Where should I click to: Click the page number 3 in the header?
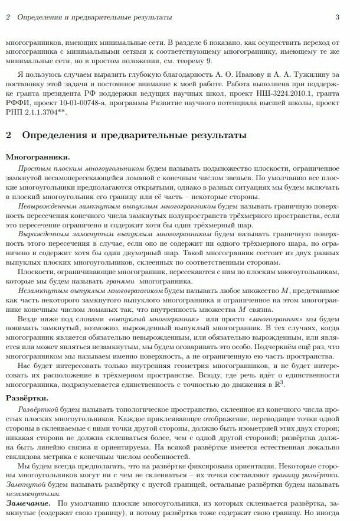point(337,17)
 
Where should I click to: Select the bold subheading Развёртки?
point(30,398)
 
